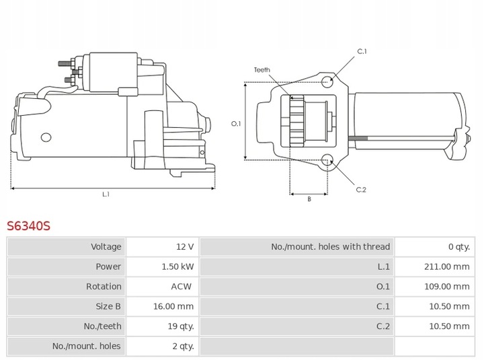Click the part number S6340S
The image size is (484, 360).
coord(29,226)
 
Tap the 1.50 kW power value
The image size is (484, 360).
coord(178,266)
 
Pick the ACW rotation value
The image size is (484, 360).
coord(182,287)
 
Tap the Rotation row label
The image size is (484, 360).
coord(104,287)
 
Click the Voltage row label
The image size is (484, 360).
coord(106,247)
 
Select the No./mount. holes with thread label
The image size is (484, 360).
coord(330,247)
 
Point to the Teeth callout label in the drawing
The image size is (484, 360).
coord(261,70)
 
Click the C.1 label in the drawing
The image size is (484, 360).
coord(361,52)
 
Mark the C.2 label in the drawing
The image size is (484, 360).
coord(361,190)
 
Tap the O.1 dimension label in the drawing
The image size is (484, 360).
coord(236,124)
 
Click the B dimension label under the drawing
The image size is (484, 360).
coord(309,200)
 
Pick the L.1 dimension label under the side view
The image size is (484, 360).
coord(106,194)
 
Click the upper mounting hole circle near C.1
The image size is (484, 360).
coord(327,82)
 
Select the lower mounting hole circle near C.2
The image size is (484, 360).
coord(328,160)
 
